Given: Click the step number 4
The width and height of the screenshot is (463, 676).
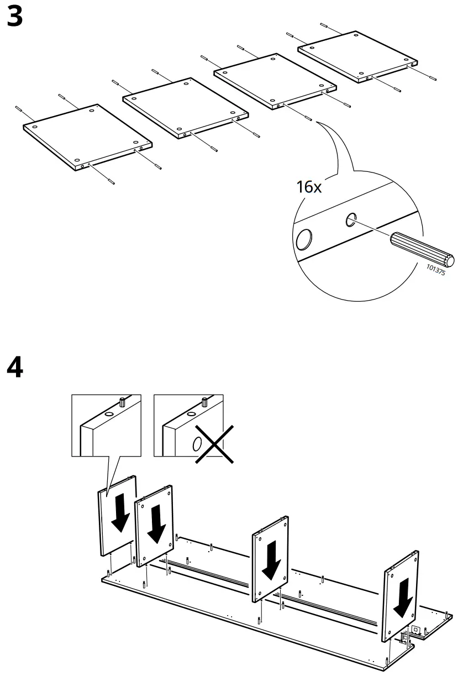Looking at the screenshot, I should coord(15,368).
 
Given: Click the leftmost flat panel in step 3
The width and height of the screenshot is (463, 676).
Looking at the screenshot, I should coord(87,135).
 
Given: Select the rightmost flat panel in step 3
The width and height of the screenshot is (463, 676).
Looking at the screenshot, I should coord(357,56).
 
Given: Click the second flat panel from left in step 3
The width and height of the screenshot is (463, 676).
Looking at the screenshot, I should coord(183,107).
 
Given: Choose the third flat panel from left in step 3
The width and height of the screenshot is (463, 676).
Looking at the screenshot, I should coord(275,80).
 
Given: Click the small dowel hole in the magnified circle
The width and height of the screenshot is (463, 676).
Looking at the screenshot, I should coord(350,221).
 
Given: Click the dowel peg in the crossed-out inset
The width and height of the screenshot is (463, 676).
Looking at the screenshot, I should coord(204,402).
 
